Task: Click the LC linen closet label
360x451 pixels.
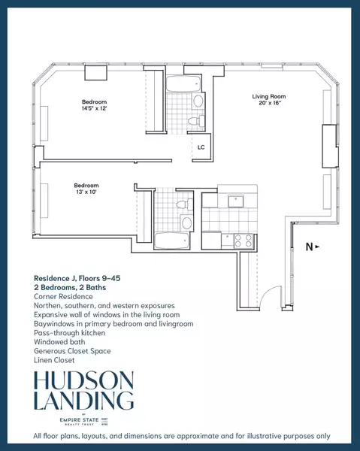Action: (x=201, y=147)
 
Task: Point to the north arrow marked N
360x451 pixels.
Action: (x=311, y=247)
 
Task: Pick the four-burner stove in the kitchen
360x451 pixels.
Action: (x=242, y=241)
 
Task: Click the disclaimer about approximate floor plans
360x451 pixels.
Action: (x=180, y=437)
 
